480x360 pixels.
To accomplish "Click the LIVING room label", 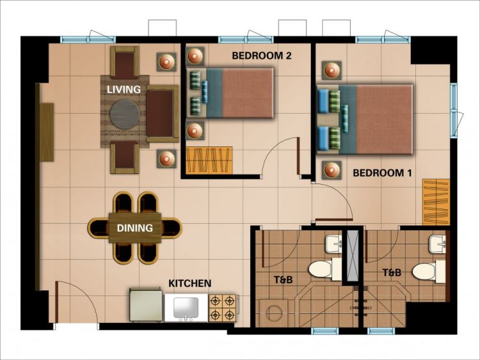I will click(124, 90).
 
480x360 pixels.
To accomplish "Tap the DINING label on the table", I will click(134, 228).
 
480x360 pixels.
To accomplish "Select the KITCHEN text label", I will click(189, 283).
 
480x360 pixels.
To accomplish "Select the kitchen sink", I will click(185, 308).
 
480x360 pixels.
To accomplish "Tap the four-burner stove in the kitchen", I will click(223, 308).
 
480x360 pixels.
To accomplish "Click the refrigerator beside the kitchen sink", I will click(147, 306).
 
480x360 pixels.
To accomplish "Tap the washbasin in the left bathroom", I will click(333, 243).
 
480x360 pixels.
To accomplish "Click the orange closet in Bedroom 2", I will click(209, 160).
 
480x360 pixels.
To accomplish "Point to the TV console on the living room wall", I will click(47, 132).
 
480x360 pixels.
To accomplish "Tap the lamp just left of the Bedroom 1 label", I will click(332, 171).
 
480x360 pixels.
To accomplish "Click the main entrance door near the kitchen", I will click(76, 304).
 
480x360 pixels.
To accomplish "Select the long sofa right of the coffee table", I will click(161, 114).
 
